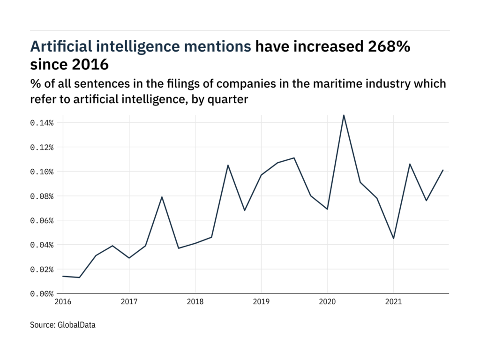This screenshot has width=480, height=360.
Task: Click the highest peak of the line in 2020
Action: [344, 115]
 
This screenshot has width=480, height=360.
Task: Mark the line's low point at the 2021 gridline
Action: [393, 239]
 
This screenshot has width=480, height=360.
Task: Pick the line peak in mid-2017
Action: [162, 197]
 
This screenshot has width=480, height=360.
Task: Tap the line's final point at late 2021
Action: [443, 170]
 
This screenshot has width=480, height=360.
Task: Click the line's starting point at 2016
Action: [63, 276]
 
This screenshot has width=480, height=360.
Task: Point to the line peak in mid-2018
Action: [228, 165]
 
